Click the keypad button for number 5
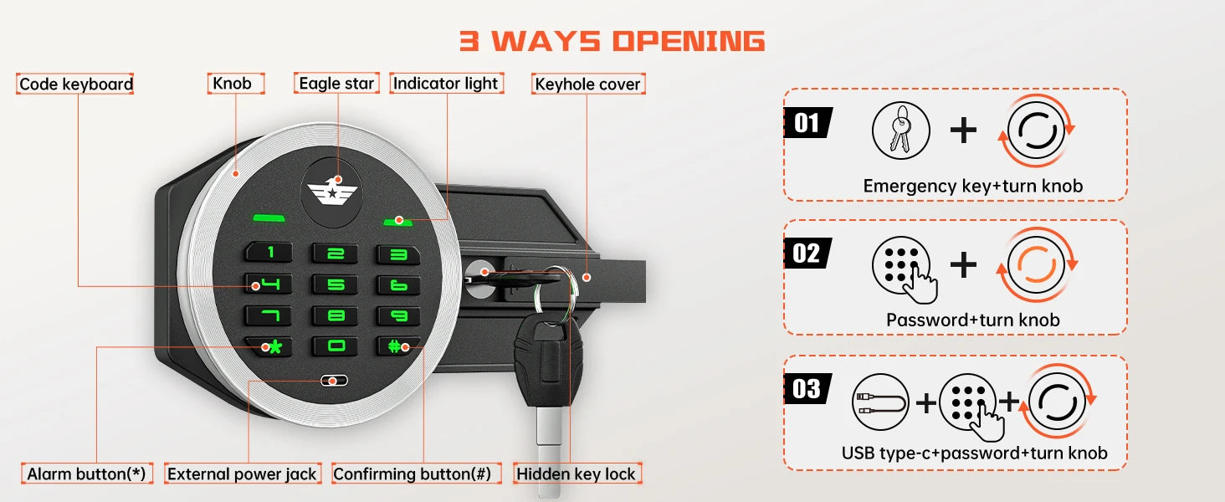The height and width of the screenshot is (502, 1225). point(335,285)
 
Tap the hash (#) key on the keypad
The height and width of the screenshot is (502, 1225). point(397,346)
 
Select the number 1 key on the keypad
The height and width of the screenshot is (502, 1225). point(269,253)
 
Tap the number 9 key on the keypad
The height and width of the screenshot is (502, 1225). point(397,316)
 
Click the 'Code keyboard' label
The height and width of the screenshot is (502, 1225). point(76,84)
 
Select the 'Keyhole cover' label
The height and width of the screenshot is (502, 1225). point(587,84)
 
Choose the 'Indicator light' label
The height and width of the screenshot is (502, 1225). point(445,83)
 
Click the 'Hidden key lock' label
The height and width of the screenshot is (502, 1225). point(576,474)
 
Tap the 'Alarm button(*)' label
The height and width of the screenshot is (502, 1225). point(86,474)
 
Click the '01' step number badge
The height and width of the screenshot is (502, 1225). point(807,123)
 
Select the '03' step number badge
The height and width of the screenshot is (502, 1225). point(807,389)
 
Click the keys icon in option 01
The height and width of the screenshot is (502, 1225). point(900,132)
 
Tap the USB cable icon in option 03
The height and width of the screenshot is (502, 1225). point(880,402)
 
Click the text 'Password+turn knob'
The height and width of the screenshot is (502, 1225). point(972,320)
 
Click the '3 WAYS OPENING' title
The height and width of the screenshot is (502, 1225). point(612,41)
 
